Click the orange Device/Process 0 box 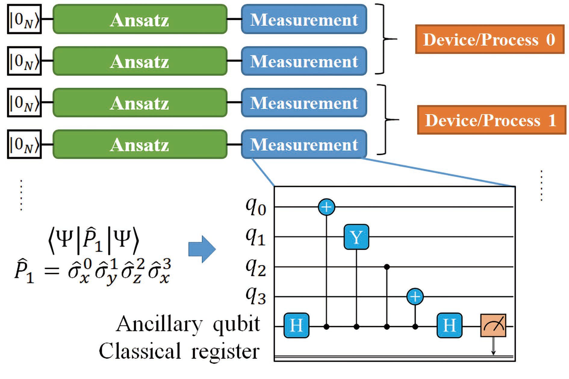(490, 39)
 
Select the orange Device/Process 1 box (492, 120)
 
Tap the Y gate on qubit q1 (356, 237)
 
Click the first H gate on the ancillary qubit (297, 325)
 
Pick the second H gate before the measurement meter (449, 325)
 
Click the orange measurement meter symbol (493, 325)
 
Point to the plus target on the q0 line (327, 207)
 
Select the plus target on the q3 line (415, 297)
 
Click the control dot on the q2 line (387, 267)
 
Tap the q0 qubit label (256, 207)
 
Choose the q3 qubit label (256, 297)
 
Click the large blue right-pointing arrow (202, 249)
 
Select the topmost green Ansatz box (140, 19)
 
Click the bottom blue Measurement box (304, 144)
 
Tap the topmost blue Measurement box (304, 19)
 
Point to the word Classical (140, 351)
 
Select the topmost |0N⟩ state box (24, 19)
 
